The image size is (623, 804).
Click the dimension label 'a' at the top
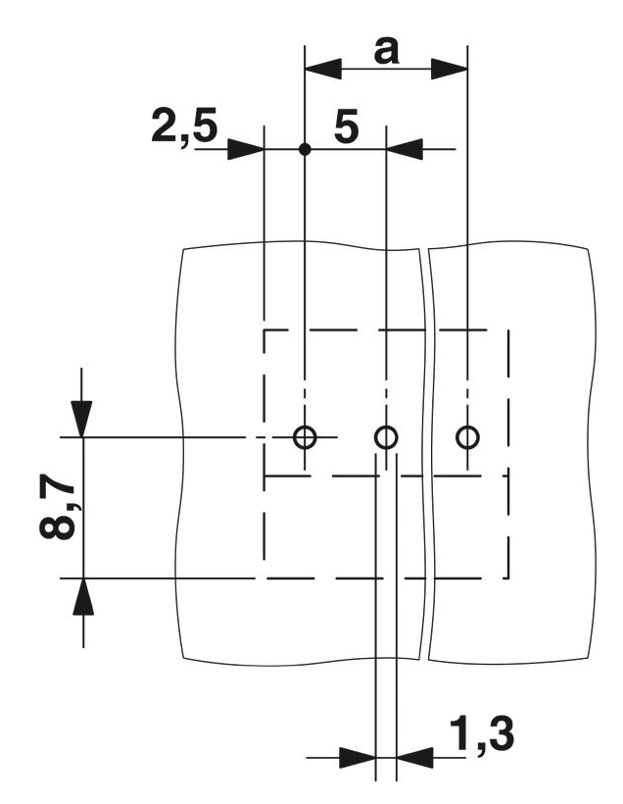tap(386, 52)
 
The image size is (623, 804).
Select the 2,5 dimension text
tap(184, 126)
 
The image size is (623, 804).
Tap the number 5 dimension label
tap(347, 126)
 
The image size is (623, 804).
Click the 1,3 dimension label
tap(482, 734)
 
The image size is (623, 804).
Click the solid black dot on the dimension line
tap(305, 149)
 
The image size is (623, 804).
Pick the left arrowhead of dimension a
tap(323, 69)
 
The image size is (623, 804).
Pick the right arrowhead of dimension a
tap(450, 69)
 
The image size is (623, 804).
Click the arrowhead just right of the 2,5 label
tap(246, 149)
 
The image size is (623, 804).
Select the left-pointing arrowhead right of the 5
tap(405, 149)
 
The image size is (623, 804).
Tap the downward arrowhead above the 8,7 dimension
tap(82, 419)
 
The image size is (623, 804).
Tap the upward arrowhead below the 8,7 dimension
tap(83, 596)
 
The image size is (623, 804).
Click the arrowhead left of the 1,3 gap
tap(358, 757)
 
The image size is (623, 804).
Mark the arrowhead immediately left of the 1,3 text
tap(415, 757)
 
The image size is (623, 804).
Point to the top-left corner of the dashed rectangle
tap(264, 330)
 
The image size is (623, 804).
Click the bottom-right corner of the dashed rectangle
tap(508, 578)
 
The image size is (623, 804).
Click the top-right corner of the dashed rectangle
tap(508, 330)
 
